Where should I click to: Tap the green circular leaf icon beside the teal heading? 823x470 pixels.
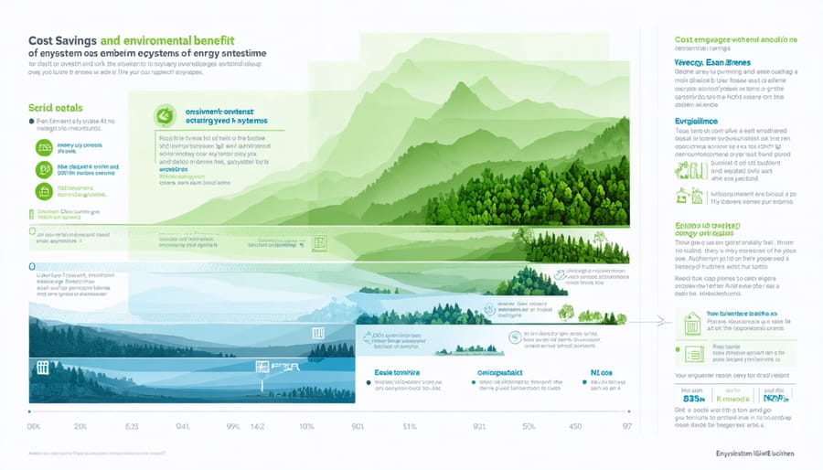pyautogui.click(x=165, y=115)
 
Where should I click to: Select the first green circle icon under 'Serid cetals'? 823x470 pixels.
pyautogui.click(x=43, y=147)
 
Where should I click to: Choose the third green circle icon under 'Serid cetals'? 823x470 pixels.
pyautogui.click(x=43, y=190)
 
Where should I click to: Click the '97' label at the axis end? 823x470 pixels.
pyautogui.click(x=626, y=426)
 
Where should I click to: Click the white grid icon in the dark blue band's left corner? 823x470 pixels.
pyautogui.click(x=42, y=368)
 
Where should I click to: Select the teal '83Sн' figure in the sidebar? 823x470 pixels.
pyautogui.click(x=695, y=399)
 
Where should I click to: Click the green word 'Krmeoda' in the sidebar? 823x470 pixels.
pyautogui.click(x=734, y=399)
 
